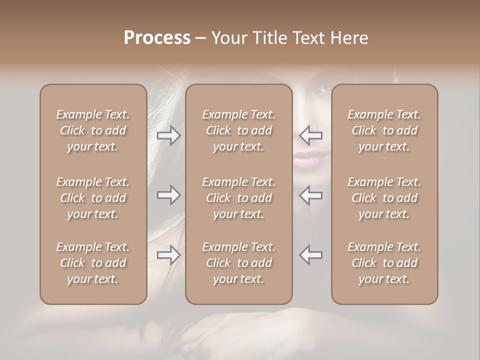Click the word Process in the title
click(157, 38)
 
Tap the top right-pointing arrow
click(168, 135)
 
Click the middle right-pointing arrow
click(168, 195)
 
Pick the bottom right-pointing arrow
click(168, 255)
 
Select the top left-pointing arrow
click(311, 135)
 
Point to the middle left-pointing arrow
click(311, 195)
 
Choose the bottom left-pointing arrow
click(311, 255)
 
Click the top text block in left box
click(93, 130)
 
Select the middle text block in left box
click(93, 198)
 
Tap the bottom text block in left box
click(93, 263)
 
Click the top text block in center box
click(238, 130)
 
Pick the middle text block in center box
click(238, 198)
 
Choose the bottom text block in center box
click(238, 263)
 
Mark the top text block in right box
click(384, 130)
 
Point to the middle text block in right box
click(384, 198)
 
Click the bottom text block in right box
click(384, 263)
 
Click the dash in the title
click(200, 38)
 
